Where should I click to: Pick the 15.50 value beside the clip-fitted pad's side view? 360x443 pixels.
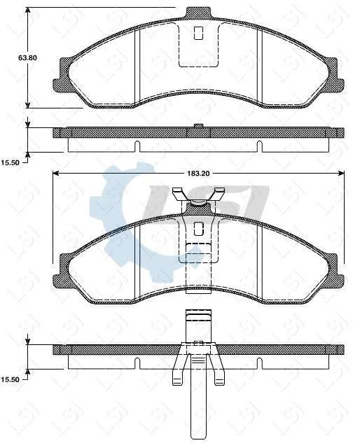click(x=11, y=379)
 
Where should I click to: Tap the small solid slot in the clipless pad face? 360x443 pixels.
click(x=198, y=32)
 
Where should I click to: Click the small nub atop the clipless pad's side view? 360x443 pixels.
click(x=198, y=126)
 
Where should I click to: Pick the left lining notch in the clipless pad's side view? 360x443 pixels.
click(x=138, y=146)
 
